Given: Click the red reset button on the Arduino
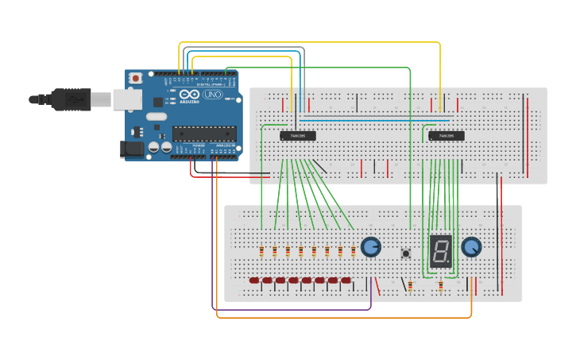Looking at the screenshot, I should [x=136, y=78].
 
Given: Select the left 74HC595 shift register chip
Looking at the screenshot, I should [x=298, y=136].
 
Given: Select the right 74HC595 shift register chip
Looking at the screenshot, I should [x=446, y=136].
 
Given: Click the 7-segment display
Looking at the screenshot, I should [x=441, y=250].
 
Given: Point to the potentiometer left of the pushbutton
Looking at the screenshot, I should [x=371, y=247].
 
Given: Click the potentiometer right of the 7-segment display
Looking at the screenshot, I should [x=472, y=247].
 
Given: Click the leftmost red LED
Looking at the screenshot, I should [x=254, y=281].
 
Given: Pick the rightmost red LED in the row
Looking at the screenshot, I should [x=346, y=281].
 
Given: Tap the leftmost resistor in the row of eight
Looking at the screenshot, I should [x=261, y=252].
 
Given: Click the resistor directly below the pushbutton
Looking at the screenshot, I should [x=410, y=285].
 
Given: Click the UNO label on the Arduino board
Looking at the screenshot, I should [x=213, y=95].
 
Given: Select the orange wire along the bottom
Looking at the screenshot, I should [x=342, y=318].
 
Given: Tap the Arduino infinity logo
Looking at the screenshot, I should [x=189, y=94].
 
